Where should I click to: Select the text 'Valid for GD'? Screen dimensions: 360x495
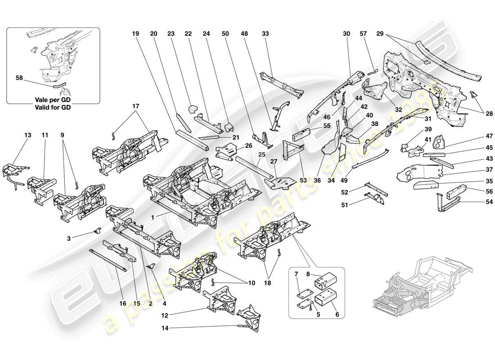(x=54, y=107)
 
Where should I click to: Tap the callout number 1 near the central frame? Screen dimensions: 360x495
(x=154, y=217)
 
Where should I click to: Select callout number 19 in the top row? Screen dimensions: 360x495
(x=135, y=34)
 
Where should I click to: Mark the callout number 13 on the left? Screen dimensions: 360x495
(x=28, y=135)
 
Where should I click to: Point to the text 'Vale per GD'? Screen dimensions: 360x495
(x=54, y=99)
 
